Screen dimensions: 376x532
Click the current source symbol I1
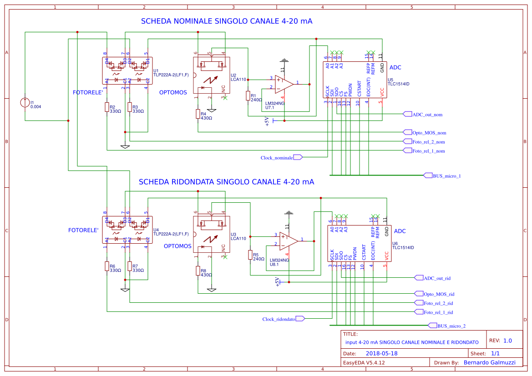point(25,102)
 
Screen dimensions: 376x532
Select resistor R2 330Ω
point(107,107)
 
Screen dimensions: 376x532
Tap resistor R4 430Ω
point(198,114)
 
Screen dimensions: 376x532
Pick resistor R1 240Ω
point(248,95)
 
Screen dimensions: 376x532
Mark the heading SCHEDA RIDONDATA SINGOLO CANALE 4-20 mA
point(226,182)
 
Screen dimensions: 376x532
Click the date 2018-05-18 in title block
point(381,353)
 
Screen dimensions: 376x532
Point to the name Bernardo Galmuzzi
point(489,362)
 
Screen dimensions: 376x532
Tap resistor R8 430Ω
point(198,271)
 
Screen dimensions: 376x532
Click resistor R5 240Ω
point(250,255)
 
